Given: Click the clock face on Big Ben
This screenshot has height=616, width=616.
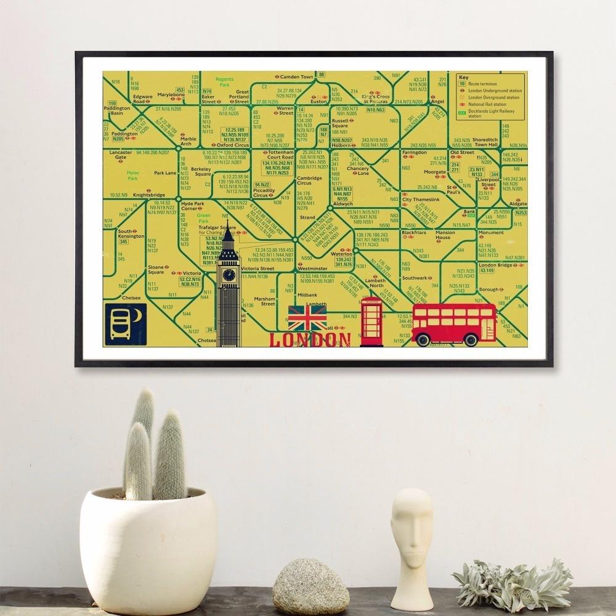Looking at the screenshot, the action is point(229,274).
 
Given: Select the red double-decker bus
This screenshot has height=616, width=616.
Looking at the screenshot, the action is point(454,324).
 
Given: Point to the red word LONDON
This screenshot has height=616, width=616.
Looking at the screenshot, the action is point(311,340).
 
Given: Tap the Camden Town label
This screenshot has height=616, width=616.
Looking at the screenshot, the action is point(297,77).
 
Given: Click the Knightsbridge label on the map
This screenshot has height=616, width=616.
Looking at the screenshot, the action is point(146,194).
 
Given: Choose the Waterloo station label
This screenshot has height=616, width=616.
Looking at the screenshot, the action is point(341,253).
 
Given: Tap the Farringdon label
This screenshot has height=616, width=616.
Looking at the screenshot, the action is point(414,152).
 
